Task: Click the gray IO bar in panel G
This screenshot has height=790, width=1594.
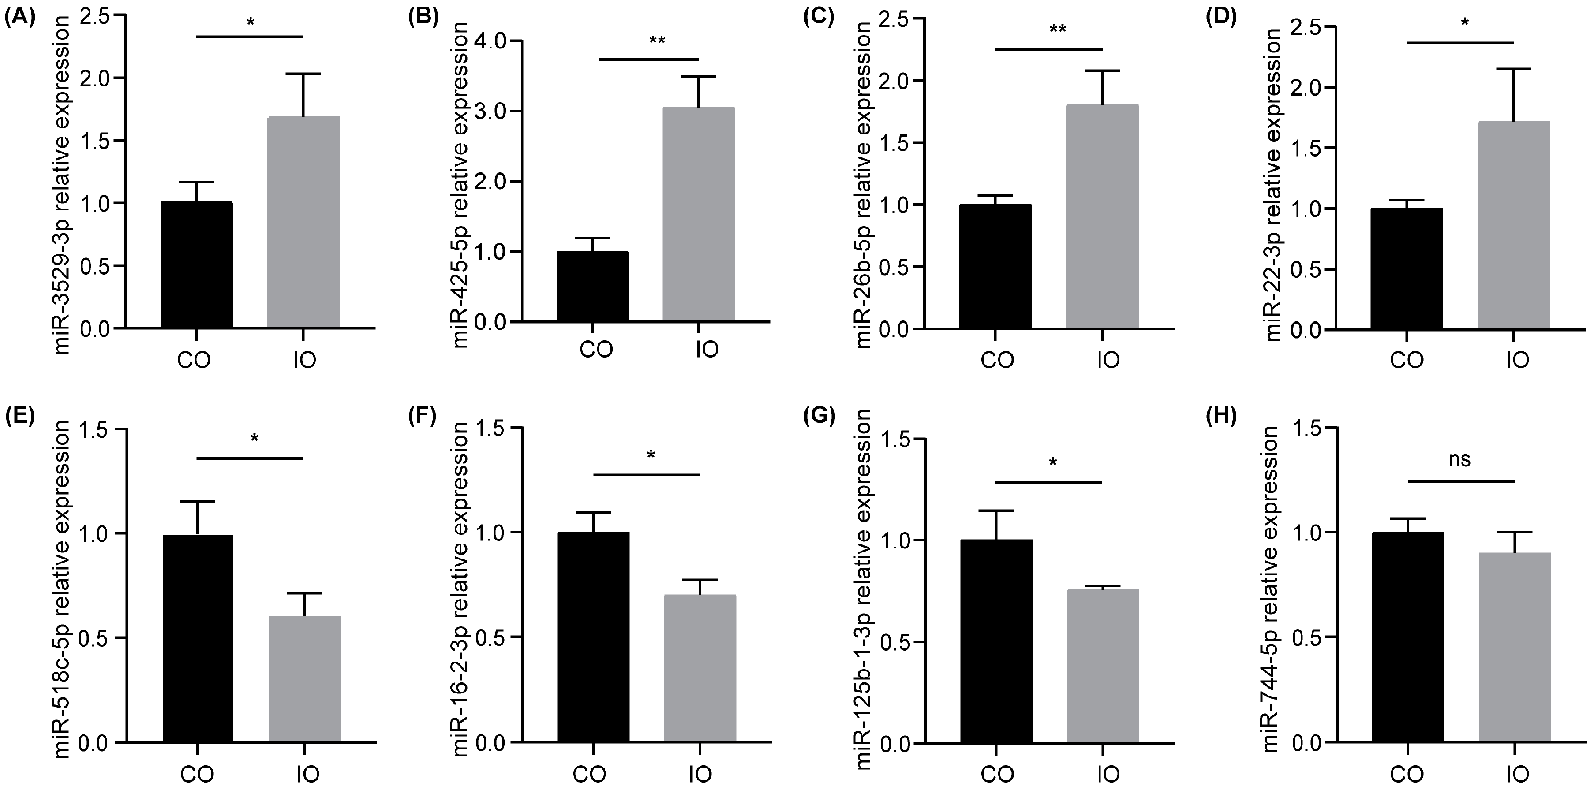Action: [1103, 666]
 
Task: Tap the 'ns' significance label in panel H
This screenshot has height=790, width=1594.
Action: [1460, 459]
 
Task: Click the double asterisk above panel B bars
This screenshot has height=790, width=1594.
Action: [657, 41]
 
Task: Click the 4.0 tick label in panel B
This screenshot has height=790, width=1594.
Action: [490, 41]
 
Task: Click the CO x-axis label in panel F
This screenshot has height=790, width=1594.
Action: [589, 774]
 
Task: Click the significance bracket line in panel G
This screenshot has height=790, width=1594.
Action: [1049, 481]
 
